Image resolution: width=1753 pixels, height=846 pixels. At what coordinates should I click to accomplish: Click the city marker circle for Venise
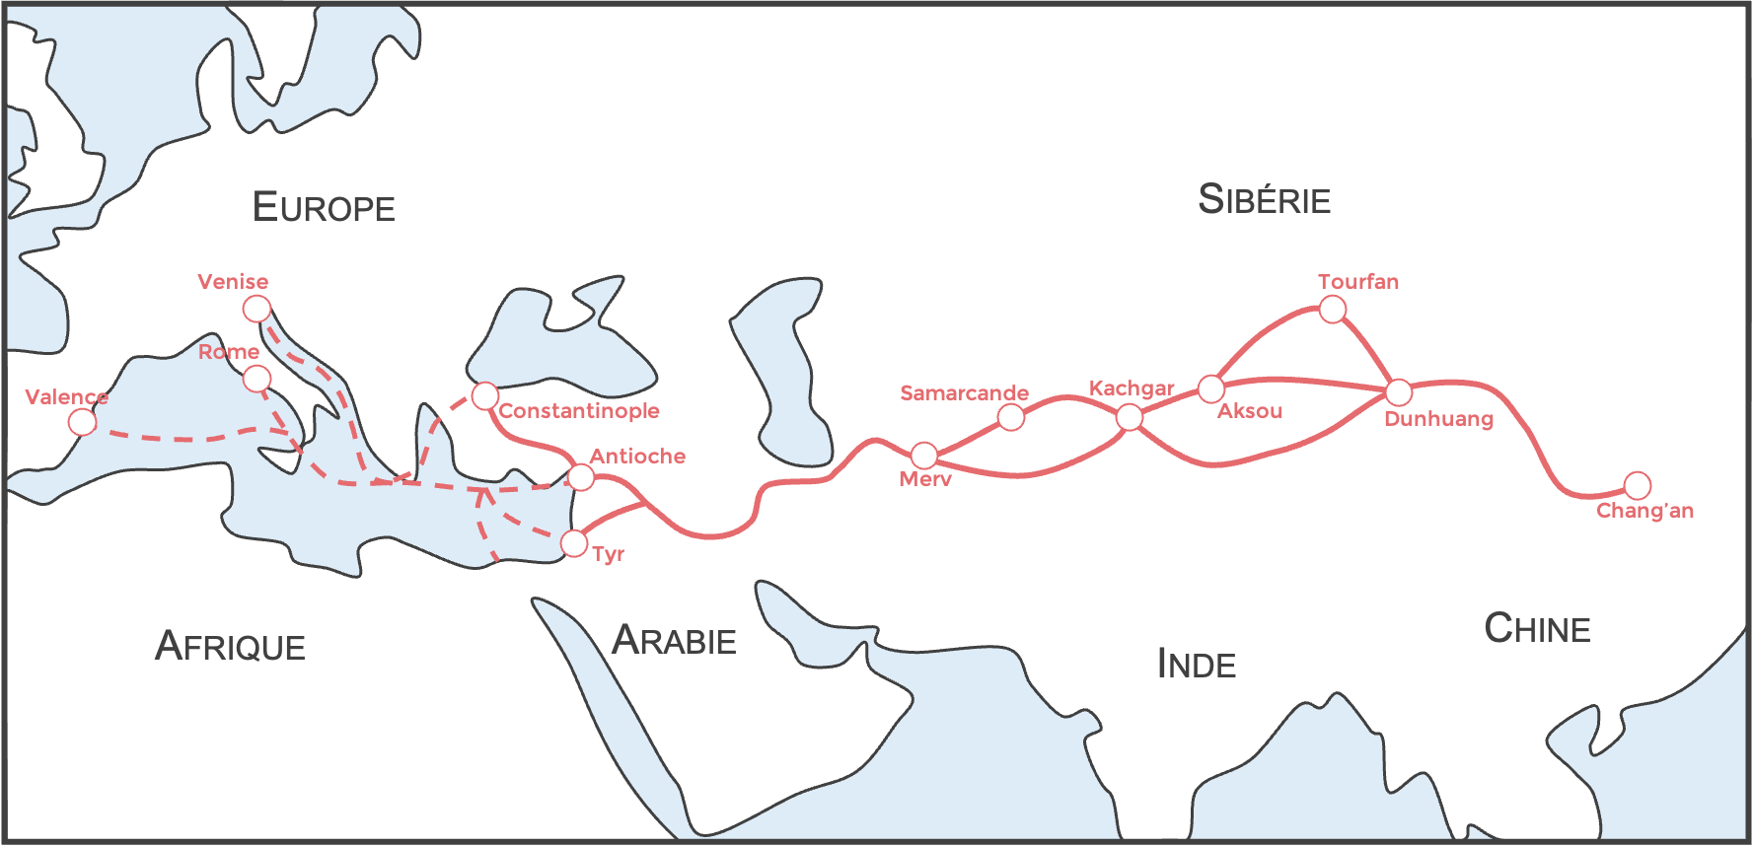click(256, 309)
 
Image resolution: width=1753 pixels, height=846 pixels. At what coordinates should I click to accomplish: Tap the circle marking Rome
click(256, 379)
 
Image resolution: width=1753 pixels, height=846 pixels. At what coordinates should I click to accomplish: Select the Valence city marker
click(83, 422)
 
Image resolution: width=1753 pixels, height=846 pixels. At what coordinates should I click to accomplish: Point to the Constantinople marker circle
click(484, 396)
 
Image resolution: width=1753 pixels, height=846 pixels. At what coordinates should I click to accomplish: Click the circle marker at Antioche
click(581, 477)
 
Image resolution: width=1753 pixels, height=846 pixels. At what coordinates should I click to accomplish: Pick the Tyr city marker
click(574, 542)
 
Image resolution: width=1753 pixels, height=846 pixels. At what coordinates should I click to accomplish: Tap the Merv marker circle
click(924, 456)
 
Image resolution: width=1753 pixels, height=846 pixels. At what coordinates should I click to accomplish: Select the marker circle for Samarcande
click(1011, 417)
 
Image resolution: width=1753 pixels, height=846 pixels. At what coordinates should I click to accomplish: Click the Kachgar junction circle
click(1130, 417)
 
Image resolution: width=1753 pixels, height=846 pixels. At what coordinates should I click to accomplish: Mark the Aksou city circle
click(1211, 388)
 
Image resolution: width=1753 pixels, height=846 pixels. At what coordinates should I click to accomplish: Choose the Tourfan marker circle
click(1333, 310)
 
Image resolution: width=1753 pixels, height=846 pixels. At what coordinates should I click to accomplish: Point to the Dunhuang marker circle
click(1399, 392)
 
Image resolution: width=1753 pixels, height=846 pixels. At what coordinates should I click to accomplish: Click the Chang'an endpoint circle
click(1638, 485)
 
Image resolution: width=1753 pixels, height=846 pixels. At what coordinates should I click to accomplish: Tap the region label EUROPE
click(324, 207)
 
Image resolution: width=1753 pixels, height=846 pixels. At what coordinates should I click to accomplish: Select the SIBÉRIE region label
click(1264, 199)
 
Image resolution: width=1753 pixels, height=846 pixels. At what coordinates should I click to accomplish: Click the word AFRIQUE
click(230, 646)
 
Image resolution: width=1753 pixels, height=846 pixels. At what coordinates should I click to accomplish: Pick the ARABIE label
click(674, 641)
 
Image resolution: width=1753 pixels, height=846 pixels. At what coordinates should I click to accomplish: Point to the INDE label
click(1196, 664)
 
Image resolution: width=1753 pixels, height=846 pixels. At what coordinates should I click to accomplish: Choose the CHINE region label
click(1537, 628)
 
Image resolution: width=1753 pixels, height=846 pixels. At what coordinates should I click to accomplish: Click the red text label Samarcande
click(964, 393)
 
